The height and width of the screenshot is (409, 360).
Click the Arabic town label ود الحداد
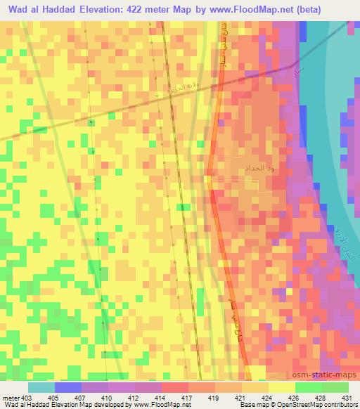pos(243,169)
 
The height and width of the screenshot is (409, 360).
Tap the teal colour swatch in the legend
pos(41,387)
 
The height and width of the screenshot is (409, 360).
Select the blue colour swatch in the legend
pos(67,387)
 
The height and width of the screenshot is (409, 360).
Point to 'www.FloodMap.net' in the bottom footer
pos(159,405)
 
